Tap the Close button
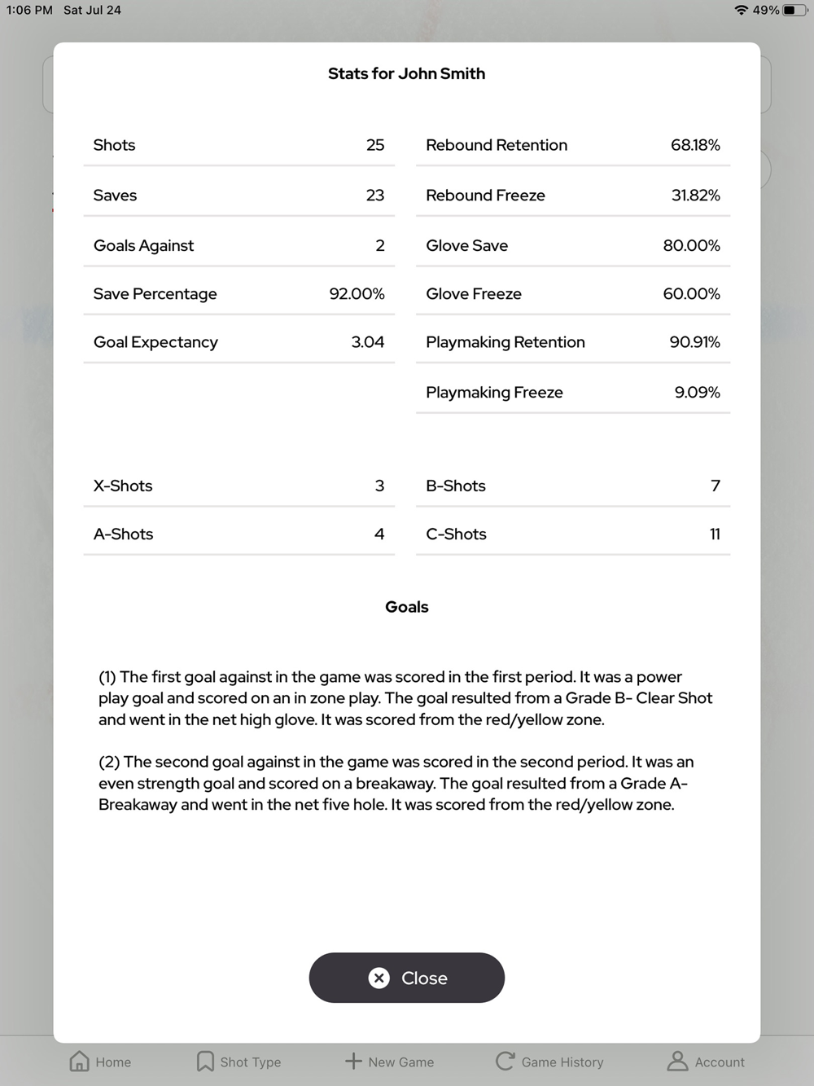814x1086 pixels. tap(407, 978)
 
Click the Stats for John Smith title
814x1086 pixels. tap(406, 73)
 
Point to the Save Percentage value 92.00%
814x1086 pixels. tap(357, 294)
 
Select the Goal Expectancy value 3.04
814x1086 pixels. tap(367, 342)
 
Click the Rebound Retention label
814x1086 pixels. tap(496, 145)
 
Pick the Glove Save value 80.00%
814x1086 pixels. tap(691, 245)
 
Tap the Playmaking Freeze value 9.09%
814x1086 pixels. tap(697, 392)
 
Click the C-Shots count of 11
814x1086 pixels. tap(715, 534)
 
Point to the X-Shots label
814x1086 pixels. tap(123, 486)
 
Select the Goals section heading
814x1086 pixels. tap(406, 607)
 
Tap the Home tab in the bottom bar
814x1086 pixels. tap(100, 1062)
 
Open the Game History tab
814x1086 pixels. tap(549, 1062)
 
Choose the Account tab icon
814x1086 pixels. tap(677, 1061)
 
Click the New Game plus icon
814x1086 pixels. tap(353, 1061)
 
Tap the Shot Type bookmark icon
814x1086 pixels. tap(205, 1061)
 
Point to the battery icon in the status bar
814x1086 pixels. tap(794, 11)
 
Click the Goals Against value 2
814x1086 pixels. tap(379, 245)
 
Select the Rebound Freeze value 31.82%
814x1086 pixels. tap(695, 196)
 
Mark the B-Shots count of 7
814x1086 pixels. tap(716, 486)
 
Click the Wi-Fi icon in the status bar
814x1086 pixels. tap(741, 11)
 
